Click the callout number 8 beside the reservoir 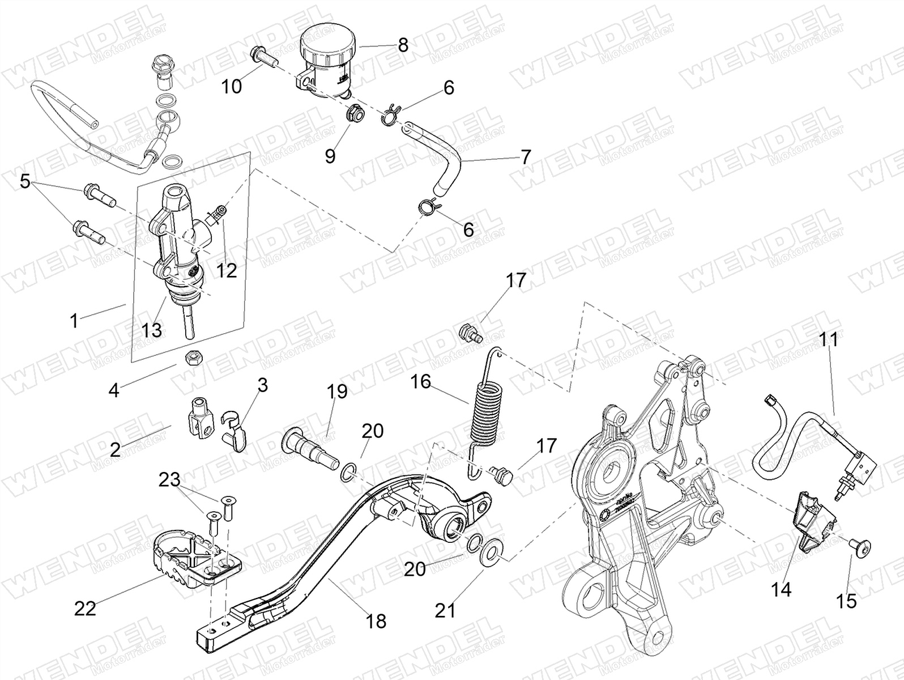click(403, 45)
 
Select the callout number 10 click(232, 87)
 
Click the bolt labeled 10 click(263, 56)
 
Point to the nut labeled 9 click(355, 112)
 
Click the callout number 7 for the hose click(526, 156)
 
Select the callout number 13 click(152, 329)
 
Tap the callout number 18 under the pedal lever click(376, 621)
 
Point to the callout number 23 click(169, 481)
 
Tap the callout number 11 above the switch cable click(830, 341)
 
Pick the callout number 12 click(226, 271)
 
